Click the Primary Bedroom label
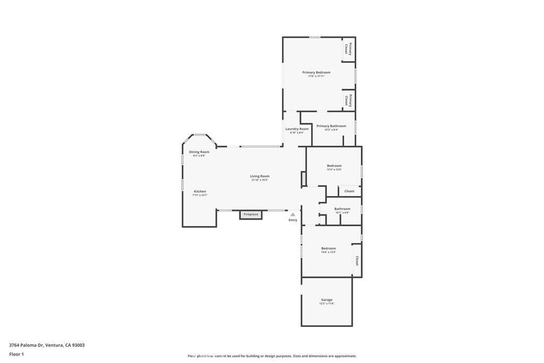[316, 72]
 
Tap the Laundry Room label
[296, 129]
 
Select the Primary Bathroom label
[331, 126]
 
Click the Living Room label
[260, 176]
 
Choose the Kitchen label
[200, 191]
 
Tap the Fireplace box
[251, 215]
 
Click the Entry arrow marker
[293, 214]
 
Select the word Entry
[293, 220]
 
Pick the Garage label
[327, 299]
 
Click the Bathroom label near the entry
[342, 209]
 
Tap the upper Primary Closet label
[348, 48]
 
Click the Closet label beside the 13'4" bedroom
[349, 191]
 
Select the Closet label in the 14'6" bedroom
[357, 260]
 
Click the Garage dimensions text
[327, 303]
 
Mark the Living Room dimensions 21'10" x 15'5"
[260, 180]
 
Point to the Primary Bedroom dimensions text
[316, 77]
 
